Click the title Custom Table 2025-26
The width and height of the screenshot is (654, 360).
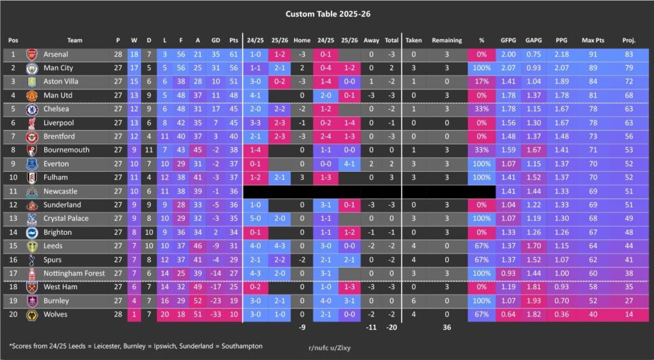[x=326, y=13]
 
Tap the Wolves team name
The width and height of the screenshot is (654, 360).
[x=56, y=314]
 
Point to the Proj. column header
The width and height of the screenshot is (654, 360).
[x=628, y=40]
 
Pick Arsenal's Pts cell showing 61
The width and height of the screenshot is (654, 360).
[x=234, y=55]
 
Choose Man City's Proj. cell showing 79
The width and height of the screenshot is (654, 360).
[x=628, y=68]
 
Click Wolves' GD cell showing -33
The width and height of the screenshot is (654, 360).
[x=215, y=314]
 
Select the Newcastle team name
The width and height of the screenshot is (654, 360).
[x=61, y=191]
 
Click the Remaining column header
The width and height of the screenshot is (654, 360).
[x=447, y=40]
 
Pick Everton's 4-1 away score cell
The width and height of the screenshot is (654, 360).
[x=349, y=164]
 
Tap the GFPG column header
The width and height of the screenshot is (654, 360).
[x=508, y=40]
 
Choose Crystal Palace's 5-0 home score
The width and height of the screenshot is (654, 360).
[x=255, y=218]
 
